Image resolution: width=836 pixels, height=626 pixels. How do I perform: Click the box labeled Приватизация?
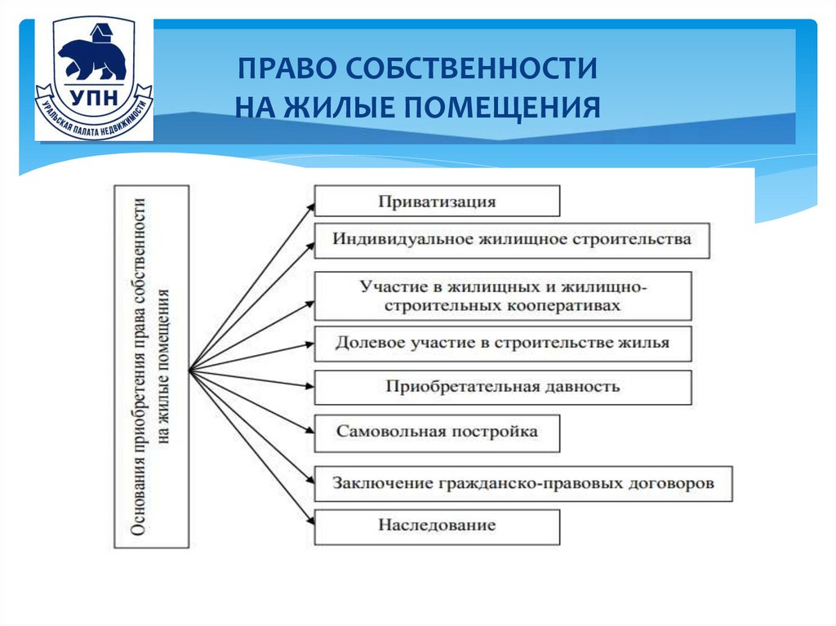pyautogui.click(x=437, y=201)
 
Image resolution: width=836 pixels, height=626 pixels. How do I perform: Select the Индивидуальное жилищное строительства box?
pyautogui.click(x=512, y=240)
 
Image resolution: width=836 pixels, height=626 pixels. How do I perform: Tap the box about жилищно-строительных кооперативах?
pyautogui.click(x=503, y=296)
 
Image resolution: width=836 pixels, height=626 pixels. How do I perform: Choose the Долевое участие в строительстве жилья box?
pyautogui.click(x=503, y=343)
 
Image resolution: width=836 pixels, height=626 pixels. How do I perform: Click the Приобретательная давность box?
pyautogui.click(x=503, y=387)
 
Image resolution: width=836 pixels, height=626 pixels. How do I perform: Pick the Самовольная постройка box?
pyautogui.click(x=437, y=432)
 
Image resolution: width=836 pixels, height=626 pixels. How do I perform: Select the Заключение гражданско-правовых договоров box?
pyautogui.click(x=522, y=483)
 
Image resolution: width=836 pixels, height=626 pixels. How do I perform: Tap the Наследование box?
pyautogui.click(x=437, y=526)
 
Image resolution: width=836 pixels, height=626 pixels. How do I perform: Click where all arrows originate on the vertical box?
pyautogui.click(x=189, y=369)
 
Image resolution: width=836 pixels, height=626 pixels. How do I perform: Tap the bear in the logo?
pyautogui.click(x=91, y=58)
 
